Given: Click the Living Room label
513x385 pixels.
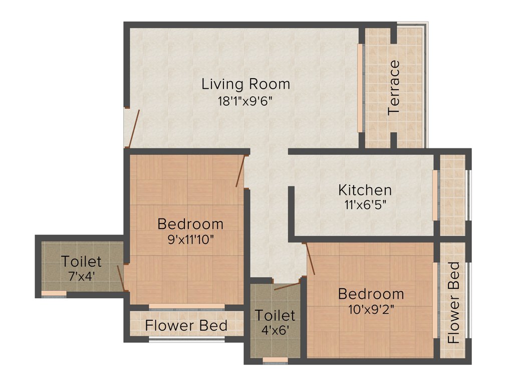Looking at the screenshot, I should coord(245,84).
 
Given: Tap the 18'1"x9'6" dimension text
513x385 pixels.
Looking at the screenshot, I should coord(245,100).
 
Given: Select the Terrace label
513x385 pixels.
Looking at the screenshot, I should coord(395,87).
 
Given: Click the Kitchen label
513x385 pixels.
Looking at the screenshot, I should coord(365,190).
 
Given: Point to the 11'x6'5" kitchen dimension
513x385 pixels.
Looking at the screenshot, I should coord(365,205).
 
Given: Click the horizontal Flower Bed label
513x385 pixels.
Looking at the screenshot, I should coord(186,326).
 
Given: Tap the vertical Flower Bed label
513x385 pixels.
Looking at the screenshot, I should coord(454,302).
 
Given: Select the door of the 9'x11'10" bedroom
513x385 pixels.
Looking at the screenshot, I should coord(240,171).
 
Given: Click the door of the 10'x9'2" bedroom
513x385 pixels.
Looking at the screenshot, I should coord(309,259).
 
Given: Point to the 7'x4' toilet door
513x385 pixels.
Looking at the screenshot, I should coord(120,278).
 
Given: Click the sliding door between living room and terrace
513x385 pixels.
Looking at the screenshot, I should coord(360,88).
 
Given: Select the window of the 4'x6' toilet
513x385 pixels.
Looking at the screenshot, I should coord(275,359).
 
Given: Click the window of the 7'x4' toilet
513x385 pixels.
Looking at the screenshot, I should coord(54,293).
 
